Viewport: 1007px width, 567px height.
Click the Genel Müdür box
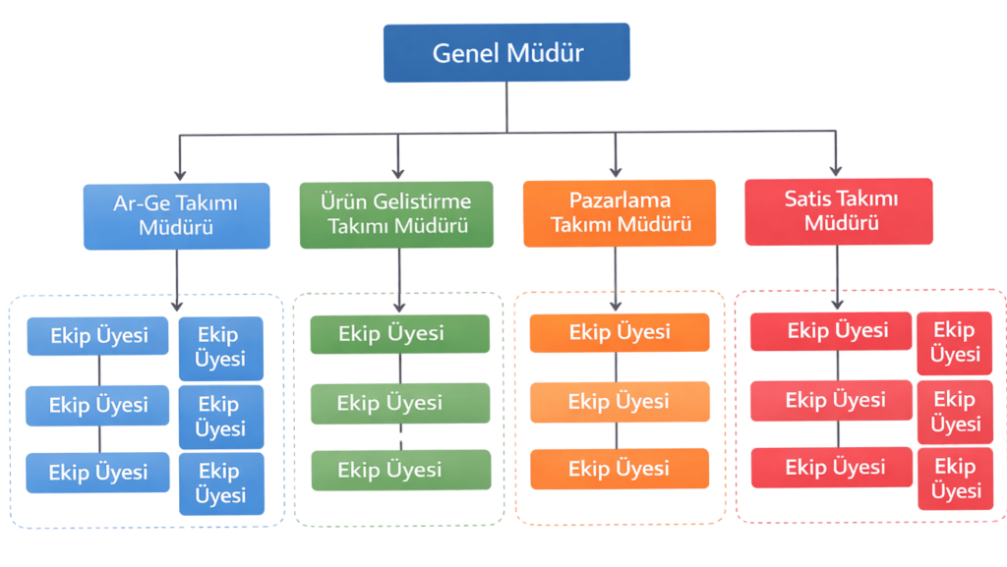click(x=506, y=52)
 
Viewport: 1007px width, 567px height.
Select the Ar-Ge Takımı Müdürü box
click(x=177, y=215)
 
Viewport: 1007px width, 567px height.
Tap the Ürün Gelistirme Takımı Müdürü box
click(x=396, y=214)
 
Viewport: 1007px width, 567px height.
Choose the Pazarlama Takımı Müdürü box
click(x=620, y=212)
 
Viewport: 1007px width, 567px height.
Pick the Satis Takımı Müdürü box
click(x=839, y=211)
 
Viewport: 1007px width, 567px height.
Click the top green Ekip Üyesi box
click(x=399, y=333)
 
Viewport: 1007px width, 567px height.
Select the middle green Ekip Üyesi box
click(x=399, y=403)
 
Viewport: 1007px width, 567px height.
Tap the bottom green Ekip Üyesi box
click(x=399, y=470)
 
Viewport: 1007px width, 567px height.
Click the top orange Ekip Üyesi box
click(x=619, y=332)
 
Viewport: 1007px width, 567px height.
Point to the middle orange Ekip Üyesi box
click(x=619, y=401)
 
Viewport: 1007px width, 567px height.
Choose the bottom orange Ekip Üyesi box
click(x=619, y=469)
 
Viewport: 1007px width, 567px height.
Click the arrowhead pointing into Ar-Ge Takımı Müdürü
click(x=179, y=174)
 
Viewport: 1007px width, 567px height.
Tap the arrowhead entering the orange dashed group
click(x=616, y=305)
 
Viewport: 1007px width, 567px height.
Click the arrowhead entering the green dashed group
click(x=399, y=306)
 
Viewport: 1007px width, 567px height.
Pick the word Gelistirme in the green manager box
click(x=422, y=201)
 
